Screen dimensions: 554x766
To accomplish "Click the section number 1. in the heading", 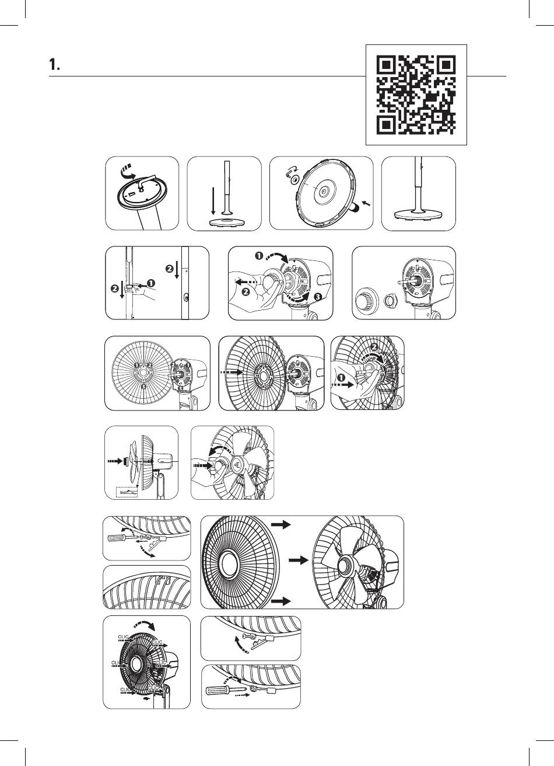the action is coord(55,66).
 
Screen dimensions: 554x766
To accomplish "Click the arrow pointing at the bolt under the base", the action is coord(364,203).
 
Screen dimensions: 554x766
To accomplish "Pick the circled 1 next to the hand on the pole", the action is coord(150,283).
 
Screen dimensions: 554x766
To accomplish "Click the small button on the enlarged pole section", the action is coord(186,297).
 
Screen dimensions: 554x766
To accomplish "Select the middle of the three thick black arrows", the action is coord(298,560).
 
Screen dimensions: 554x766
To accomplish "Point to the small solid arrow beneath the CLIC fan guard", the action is coord(146,697).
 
